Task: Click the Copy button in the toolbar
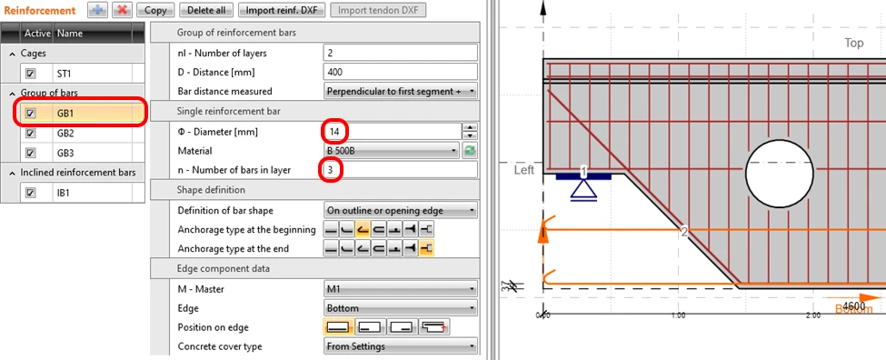(155, 10)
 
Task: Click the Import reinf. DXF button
(282, 10)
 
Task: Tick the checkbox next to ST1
(31, 74)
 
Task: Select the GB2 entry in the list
(65, 134)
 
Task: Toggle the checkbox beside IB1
(31, 193)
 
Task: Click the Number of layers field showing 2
(400, 53)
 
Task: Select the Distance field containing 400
(400, 73)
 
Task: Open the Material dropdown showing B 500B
(391, 151)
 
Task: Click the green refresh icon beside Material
(470, 151)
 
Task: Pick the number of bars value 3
(333, 169)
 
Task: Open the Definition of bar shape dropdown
(400, 211)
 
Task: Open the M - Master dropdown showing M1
(400, 289)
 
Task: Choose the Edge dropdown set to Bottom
(400, 308)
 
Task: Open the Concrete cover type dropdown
(400, 346)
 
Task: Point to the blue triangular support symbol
(583, 191)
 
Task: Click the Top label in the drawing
(854, 43)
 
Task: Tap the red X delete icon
(121, 10)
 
